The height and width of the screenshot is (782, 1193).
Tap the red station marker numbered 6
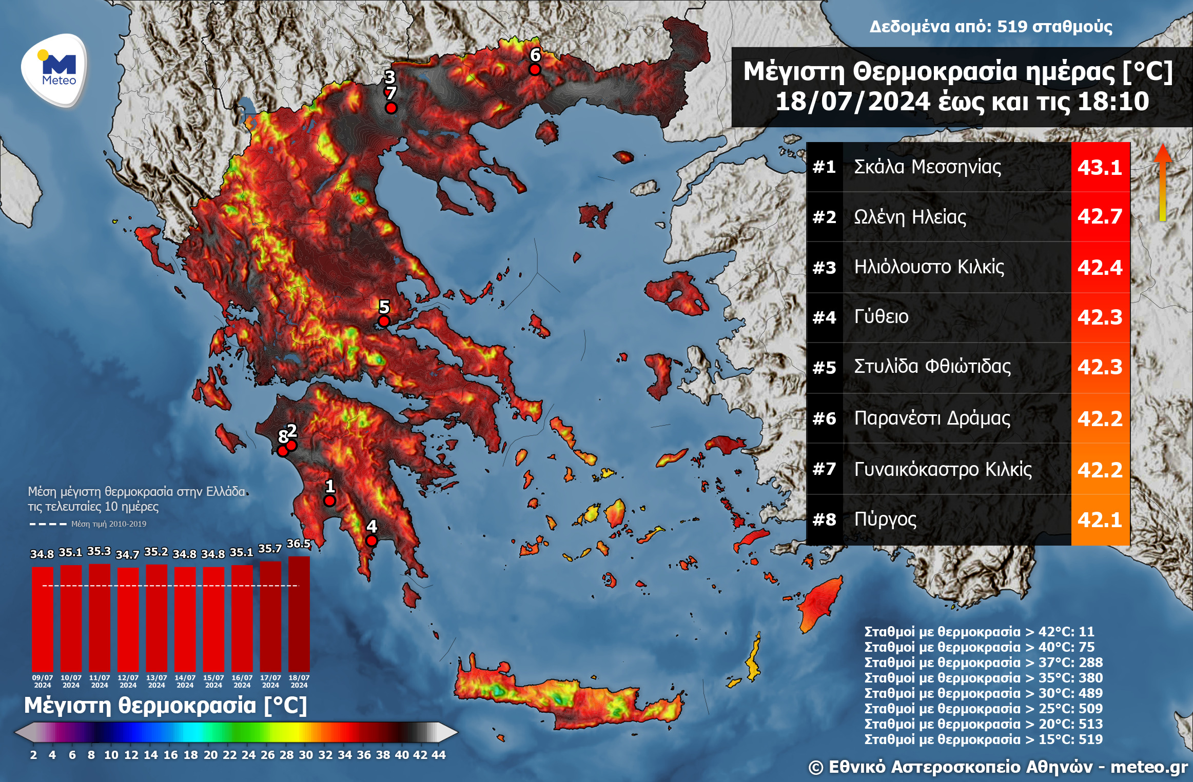pos(535,70)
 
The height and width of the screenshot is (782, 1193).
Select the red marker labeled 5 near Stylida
pos(384,322)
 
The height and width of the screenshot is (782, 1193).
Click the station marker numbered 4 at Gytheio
pos(371,540)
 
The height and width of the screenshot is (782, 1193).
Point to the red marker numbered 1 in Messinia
pos(330,500)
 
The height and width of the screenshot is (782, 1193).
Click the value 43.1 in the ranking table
pos(1100,167)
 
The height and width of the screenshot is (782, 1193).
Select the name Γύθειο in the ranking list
pos(881,316)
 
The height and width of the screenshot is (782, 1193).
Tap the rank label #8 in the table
pos(824,519)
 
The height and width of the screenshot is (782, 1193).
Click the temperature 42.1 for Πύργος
pos(1100,519)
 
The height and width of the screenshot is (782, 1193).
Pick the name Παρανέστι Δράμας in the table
pos(932,418)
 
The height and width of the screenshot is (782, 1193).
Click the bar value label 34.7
pos(127,554)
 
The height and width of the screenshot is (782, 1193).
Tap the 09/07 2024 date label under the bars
pos(43,681)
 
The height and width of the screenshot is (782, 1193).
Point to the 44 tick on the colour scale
pos(439,755)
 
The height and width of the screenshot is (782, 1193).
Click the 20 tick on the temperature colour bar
pos(211,755)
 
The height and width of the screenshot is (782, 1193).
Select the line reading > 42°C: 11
pos(979,631)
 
